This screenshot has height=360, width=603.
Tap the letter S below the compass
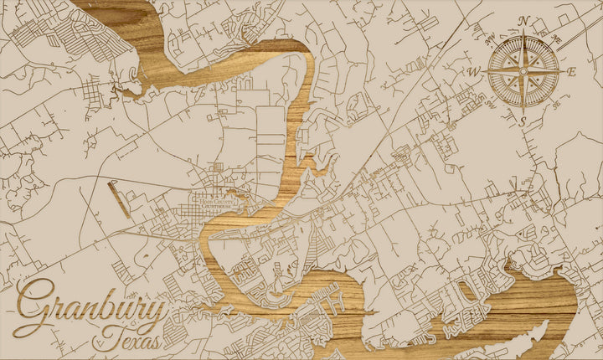click(x=523, y=122)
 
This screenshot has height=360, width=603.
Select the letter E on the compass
click(x=573, y=72)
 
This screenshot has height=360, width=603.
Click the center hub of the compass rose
click(x=524, y=72)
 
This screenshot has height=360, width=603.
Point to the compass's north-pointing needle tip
click(x=524, y=32)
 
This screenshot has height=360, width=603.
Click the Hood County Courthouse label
click(x=214, y=201)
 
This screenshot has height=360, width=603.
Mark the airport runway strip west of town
click(x=119, y=199)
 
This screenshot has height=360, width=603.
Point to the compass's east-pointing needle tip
click(x=564, y=72)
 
